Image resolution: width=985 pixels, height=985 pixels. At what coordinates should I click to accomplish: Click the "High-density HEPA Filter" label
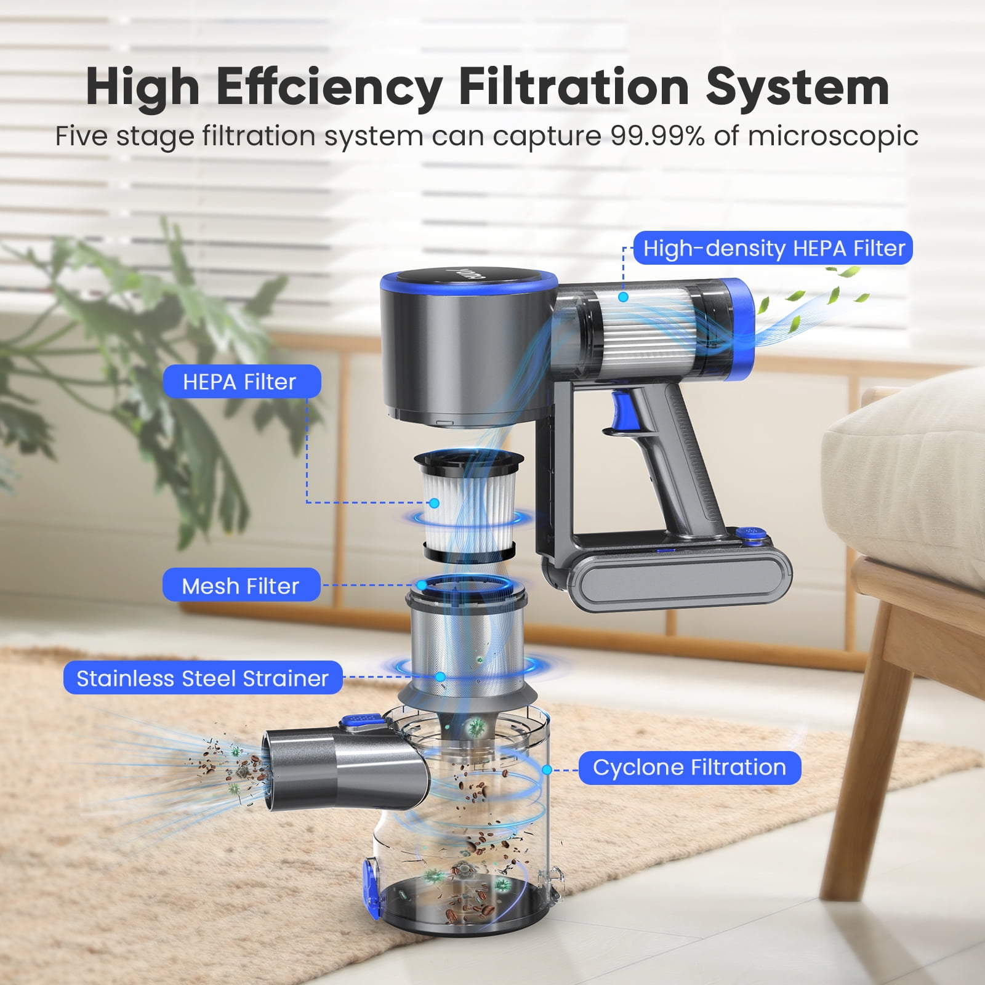[x=773, y=248]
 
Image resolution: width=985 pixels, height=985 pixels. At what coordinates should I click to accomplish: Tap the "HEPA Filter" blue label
[x=241, y=382]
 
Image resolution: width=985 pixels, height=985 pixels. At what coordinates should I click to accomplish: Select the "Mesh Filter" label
[x=241, y=585]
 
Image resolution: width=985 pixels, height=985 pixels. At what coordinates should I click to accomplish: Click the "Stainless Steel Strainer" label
[x=203, y=678]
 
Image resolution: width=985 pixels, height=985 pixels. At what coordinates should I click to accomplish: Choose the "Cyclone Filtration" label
[x=689, y=768]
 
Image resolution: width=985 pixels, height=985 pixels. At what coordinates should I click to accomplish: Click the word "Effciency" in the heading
[x=329, y=87]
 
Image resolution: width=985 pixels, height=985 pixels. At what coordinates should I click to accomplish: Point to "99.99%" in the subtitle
[x=657, y=136]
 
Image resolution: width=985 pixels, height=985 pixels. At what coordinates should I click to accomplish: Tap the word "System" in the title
[x=797, y=87]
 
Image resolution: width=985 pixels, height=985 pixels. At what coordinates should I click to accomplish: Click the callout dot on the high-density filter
[x=623, y=297]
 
